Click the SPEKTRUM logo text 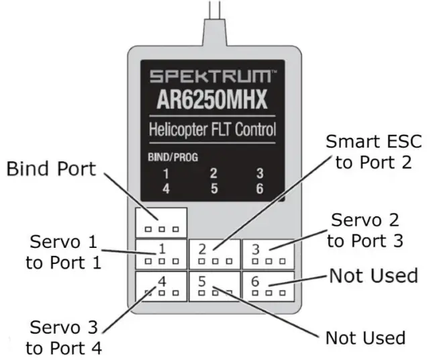(x=212, y=75)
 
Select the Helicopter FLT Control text (x=212, y=129)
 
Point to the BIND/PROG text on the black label (x=167, y=160)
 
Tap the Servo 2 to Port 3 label (x=367, y=230)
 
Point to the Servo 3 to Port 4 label (x=64, y=337)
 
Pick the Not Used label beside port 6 (x=373, y=275)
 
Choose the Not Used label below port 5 (x=365, y=337)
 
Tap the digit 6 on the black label (x=259, y=188)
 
